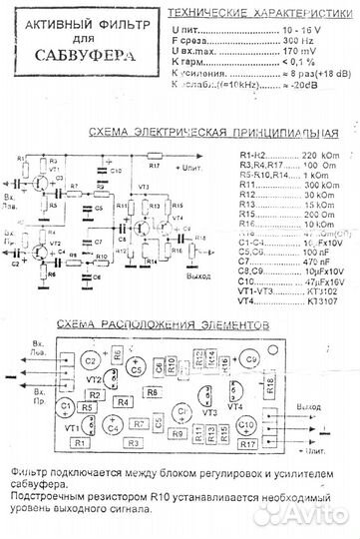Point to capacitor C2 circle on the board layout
[x=91, y=358]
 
